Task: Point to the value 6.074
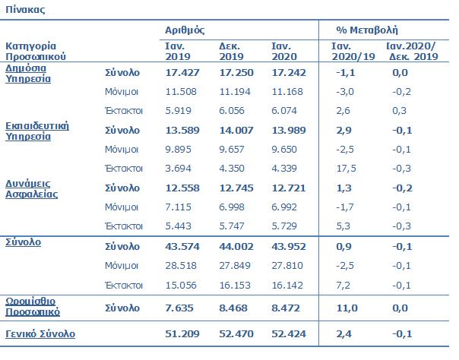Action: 286,111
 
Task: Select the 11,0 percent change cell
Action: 345,308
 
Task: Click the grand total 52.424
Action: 287,334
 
